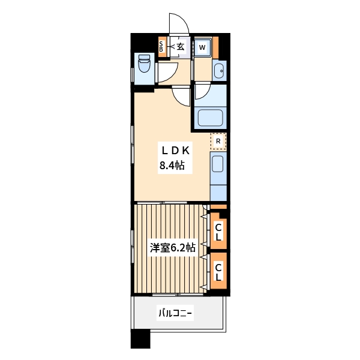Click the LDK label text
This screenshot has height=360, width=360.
(175, 150)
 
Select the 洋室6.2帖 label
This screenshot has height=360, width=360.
(172, 247)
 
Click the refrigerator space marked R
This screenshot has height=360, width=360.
(218, 142)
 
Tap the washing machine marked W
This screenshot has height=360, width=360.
(203, 47)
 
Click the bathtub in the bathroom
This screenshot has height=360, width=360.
(211, 117)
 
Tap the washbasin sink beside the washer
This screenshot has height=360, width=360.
(219, 71)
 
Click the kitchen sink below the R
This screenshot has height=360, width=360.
(218, 163)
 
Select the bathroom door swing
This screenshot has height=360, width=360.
(202, 91)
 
